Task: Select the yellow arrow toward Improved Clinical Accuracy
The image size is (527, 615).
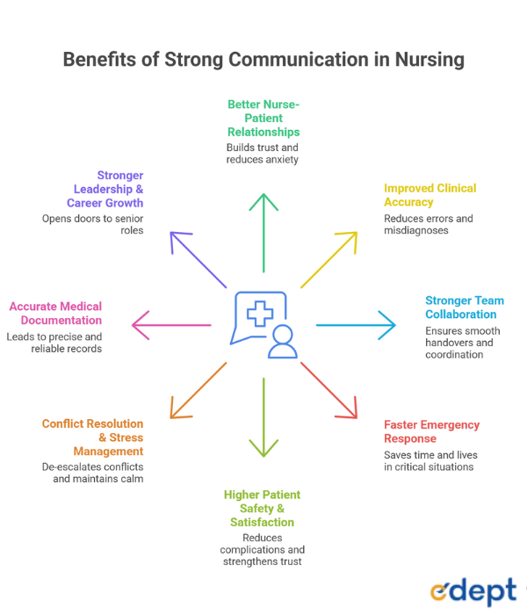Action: tap(329, 259)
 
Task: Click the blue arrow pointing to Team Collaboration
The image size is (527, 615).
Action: tap(356, 325)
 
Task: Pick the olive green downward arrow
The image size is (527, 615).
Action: tap(263, 417)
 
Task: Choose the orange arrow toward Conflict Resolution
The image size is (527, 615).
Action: tap(198, 390)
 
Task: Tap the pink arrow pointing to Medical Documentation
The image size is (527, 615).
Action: tap(171, 325)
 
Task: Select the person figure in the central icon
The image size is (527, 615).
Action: tap(282, 342)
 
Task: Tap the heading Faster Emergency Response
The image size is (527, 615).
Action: tap(431, 431)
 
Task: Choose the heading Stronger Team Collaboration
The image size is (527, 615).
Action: tap(464, 307)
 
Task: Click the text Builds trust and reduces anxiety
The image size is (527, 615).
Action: tap(263, 154)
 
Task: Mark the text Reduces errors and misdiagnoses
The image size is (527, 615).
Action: tap(429, 225)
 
